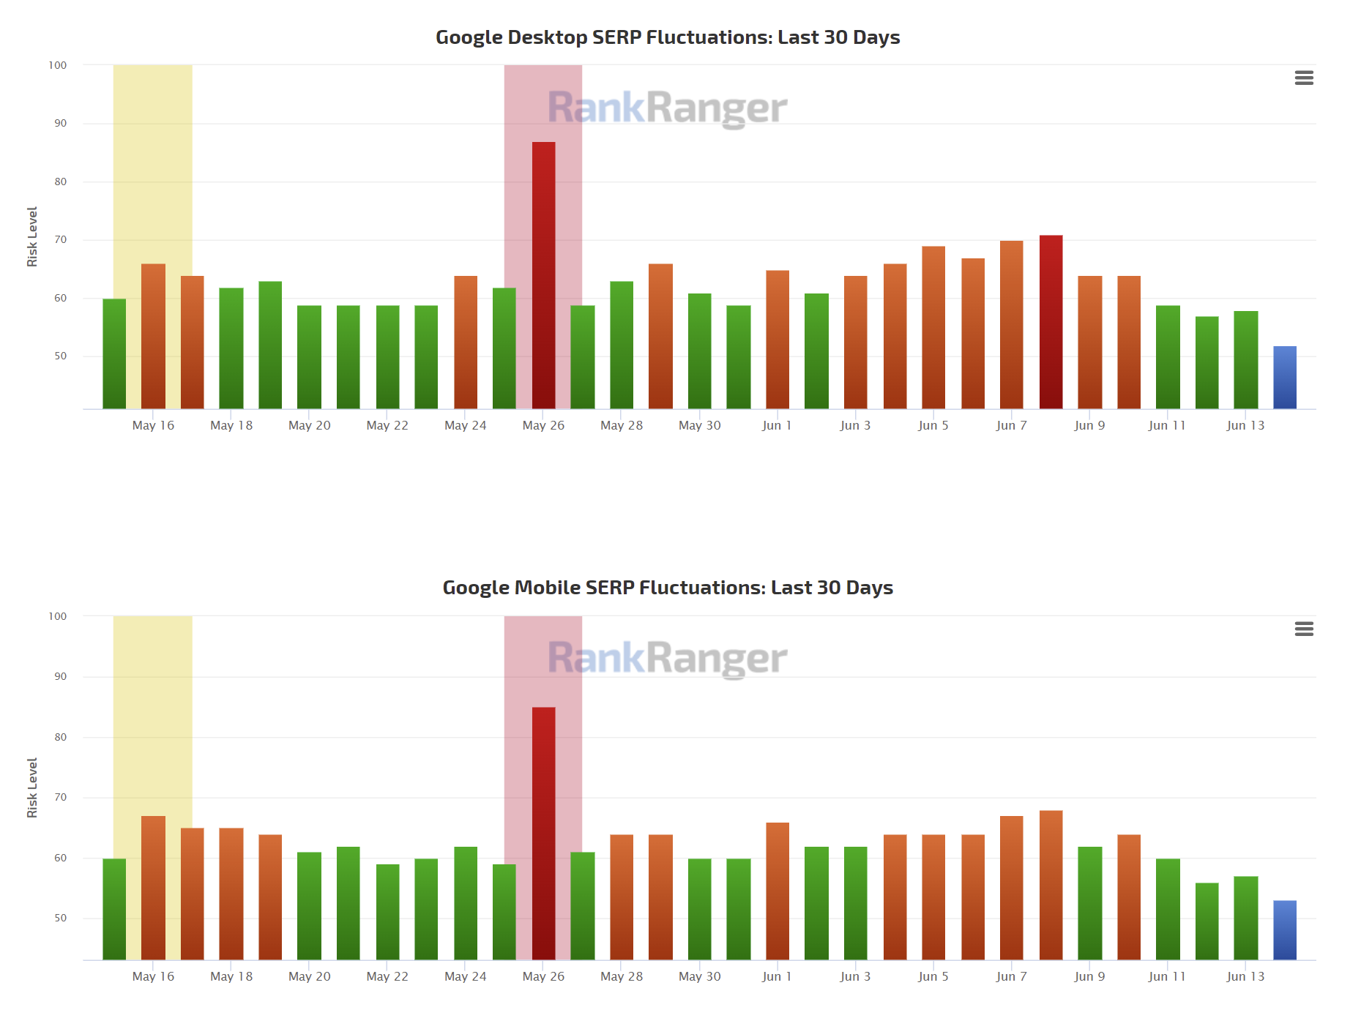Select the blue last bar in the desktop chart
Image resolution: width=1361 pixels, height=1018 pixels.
(1284, 378)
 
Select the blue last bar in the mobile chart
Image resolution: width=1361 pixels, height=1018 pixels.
(1284, 930)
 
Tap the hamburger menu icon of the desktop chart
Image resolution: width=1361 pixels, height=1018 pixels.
(1304, 78)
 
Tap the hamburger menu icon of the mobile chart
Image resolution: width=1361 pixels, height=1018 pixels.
(1304, 629)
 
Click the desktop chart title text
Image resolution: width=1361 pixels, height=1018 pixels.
(667, 37)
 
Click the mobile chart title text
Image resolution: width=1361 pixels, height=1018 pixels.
(667, 588)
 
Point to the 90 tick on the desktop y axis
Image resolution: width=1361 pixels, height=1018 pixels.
(60, 123)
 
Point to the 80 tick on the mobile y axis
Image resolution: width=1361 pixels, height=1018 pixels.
(60, 737)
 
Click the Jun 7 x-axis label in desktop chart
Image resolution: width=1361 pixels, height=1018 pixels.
(1011, 425)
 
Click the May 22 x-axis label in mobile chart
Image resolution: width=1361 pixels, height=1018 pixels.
(387, 976)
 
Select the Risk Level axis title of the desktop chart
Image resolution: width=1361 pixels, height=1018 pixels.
(32, 236)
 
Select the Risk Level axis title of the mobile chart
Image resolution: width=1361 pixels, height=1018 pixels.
(32, 787)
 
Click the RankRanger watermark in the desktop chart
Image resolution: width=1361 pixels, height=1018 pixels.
(667, 108)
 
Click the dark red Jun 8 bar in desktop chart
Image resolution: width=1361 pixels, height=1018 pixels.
(1051, 322)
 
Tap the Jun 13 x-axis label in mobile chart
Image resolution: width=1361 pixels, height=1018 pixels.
(1245, 976)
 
